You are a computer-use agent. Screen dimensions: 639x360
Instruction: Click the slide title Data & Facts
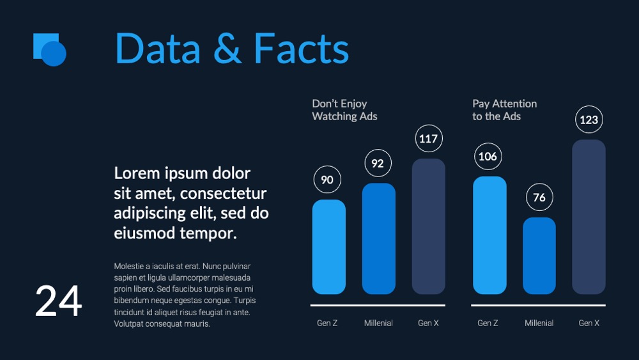click(232, 49)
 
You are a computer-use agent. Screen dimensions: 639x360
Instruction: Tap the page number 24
click(58, 301)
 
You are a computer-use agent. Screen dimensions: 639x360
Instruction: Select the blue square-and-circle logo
click(50, 50)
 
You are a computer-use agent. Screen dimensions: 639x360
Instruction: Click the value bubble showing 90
click(327, 180)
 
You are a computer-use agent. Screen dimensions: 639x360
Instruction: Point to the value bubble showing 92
click(378, 163)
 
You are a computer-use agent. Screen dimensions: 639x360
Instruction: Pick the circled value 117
click(428, 139)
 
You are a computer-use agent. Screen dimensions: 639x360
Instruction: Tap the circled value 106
click(488, 156)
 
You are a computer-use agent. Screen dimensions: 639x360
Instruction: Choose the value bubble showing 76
click(539, 198)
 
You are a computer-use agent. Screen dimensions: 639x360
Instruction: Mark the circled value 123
click(589, 120)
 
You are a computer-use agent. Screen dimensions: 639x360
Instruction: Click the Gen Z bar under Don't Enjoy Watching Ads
click(329, 247)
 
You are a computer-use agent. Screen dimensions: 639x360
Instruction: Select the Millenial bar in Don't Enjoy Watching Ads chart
click(378, 239)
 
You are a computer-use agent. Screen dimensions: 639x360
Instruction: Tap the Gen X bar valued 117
click(428, 226)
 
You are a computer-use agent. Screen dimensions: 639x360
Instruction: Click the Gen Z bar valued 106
click(489, 235)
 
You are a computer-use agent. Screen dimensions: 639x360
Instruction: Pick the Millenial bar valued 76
click(539, 256)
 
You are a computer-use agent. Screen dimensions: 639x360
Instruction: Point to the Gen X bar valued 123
click(589, 217)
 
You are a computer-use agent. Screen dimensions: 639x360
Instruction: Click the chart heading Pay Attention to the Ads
click(505, 110)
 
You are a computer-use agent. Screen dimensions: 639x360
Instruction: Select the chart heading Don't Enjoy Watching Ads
click(344, 110)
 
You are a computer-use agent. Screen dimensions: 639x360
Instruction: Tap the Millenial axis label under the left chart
click(378, 323)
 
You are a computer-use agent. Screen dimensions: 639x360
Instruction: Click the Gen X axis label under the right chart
click(589, 323)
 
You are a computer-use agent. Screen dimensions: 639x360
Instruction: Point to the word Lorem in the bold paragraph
click(137, 173)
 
